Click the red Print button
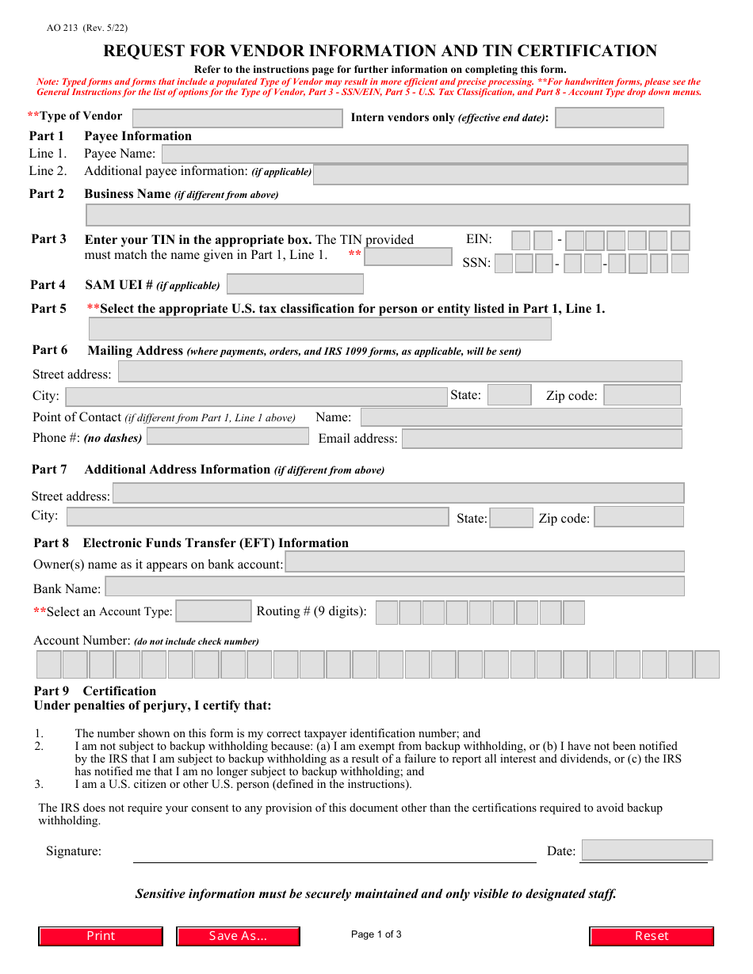(101, 936)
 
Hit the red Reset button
(651, 936)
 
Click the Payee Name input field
(424, 154)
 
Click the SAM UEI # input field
(295, 284)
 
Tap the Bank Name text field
(394, 587)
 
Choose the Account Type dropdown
(213, 611)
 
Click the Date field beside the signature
(646, 850)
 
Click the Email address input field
(541, 439)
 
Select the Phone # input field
(227, 436)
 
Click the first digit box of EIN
(521, 241)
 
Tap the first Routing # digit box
(387, 613)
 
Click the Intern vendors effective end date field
(609, 118)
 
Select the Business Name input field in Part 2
(387, 215)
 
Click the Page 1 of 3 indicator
(376, 934)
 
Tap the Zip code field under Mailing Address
(641, 395)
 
